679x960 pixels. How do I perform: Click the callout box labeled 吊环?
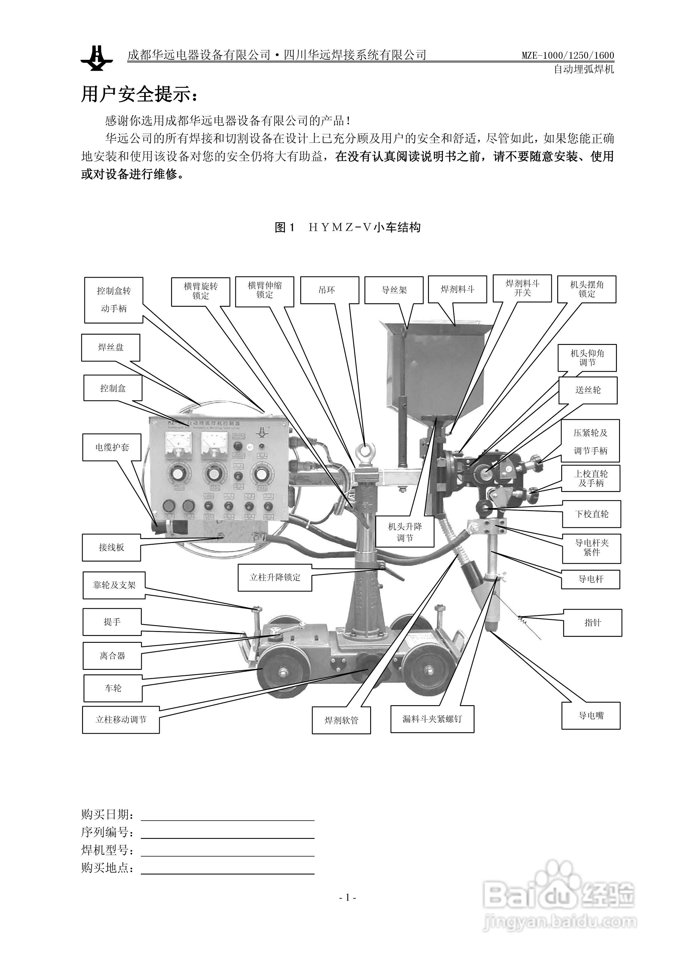pyautogui.click(x=329, y=290)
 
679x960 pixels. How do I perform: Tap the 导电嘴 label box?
pyautogui.click(x=591, y=716)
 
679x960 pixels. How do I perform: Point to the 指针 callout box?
pyautogui.click(x=592, y=623)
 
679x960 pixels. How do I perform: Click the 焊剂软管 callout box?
pyautogui.click(x=341, y=720)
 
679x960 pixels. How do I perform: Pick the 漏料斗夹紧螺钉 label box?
pyautogui.click(x=432, y=719)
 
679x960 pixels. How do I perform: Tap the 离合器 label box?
pyautogui.click(x=112, y=656)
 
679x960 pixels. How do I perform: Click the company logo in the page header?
pyautogui.click(x=97, y=58)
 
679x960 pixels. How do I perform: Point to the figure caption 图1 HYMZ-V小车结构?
pyautogui.click(x=347, y=227)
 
